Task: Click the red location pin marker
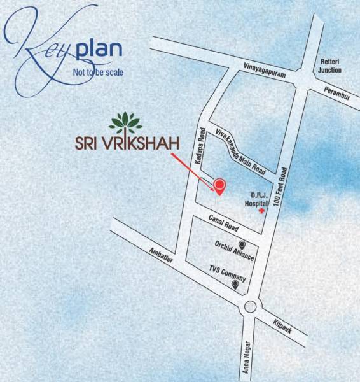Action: click(x=219, y=185)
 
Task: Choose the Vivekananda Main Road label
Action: click(x=240, y=150)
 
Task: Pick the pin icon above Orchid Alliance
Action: click(x=242, y=245)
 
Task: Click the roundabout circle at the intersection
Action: click(x=250, y=306)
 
